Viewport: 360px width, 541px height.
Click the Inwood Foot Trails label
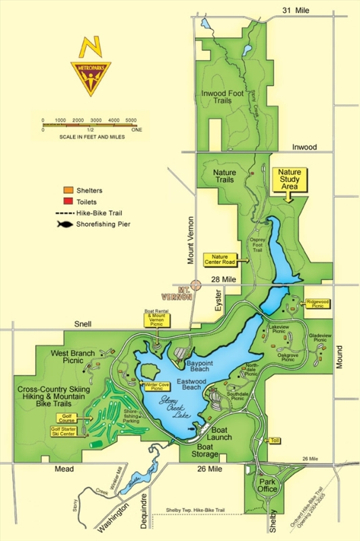217,97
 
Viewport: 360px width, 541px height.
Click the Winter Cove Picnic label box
156,386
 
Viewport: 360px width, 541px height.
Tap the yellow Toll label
274,440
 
